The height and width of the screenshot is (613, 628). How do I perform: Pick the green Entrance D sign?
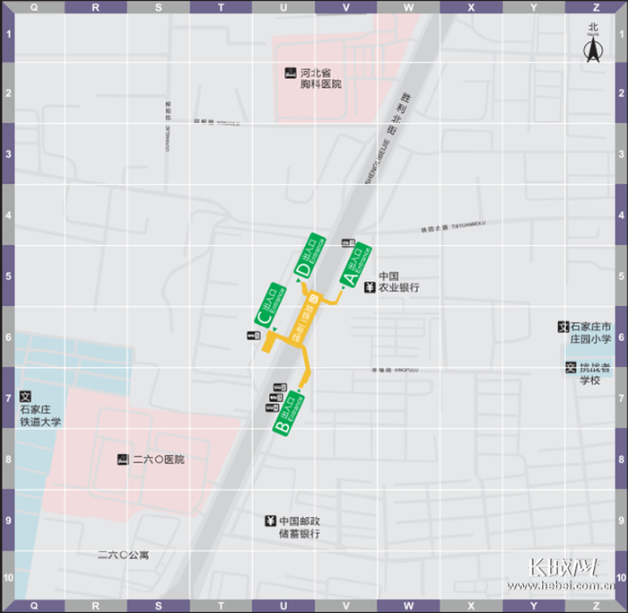pyautogui.click(x=310, y=255)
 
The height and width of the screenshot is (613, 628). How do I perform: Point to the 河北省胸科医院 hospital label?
pyautogui.click(x=321, y=78)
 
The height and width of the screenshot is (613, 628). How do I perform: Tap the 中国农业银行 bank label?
pyautogui.click(x=398, y=283)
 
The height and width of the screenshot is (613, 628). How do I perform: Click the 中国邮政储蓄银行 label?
pyautogui.click(x=300, y=528)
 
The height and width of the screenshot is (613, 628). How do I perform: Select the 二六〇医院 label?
pyautogui.click(x=158, y=460)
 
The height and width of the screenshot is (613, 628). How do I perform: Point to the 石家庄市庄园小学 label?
pyautogui.click(x=590, y=333)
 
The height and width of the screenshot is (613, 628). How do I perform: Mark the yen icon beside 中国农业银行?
pyautogui.click(x=369, y=288)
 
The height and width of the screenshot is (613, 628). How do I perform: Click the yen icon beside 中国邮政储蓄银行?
pyautogui.click(x=270, y=521)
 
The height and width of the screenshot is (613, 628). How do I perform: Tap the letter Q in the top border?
pyautogui.click(x=34, y=6)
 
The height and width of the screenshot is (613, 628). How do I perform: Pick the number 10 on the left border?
pyautogui.click(x=6, y=579)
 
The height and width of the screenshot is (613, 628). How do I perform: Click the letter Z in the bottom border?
pyautogui.click(x=534, y=606)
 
